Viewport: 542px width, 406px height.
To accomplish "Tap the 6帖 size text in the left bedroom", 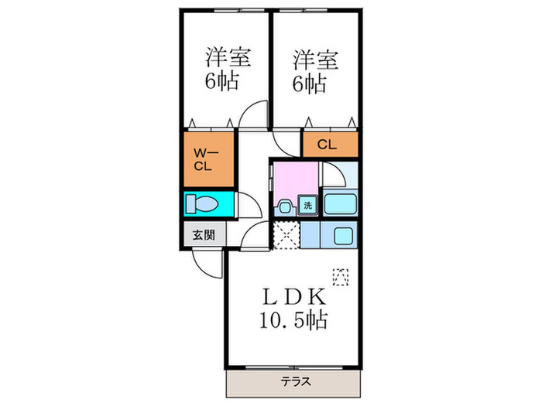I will coord(223,81).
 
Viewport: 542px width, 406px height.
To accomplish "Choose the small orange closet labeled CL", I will coord(330,145).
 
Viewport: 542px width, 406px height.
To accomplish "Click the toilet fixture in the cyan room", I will coord(206,204).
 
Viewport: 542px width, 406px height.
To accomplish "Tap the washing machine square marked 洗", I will coord(307,206).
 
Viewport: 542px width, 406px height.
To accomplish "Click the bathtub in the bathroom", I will coord(340,205).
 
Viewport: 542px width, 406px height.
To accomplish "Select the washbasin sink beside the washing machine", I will coord(284,206).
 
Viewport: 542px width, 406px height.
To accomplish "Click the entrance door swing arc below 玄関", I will coord(207,263).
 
